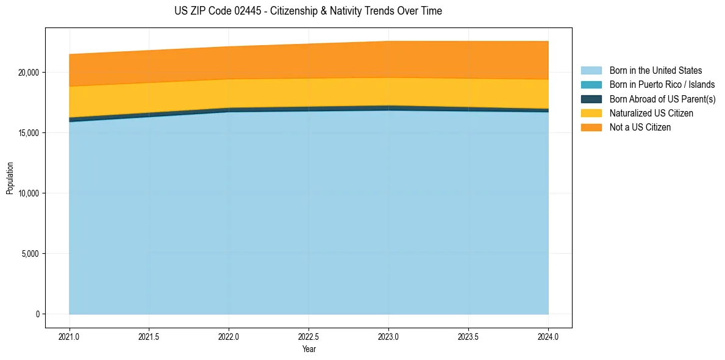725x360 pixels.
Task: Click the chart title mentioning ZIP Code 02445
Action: (x=308, y=11)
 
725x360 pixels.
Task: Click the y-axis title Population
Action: (x=10, y=178)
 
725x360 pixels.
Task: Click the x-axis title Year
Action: (x=309, y=349)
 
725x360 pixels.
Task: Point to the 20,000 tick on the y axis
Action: (x=27, y=73)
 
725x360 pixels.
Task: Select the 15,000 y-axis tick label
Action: (x=27, y=133)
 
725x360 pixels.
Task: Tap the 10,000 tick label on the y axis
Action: (x=27, y=193)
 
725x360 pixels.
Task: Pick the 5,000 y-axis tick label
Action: (x=29, y=254)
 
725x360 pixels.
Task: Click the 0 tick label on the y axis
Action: (x=37, y=314)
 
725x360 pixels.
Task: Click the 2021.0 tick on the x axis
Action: (x=70, y=336)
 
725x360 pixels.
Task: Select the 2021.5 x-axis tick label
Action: (x=149, y=336)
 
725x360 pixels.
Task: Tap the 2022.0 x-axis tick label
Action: (x=229, y=336)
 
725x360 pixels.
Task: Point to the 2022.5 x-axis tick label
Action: (x=309, y=336)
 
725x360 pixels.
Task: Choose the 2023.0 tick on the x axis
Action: (x=388, y=336)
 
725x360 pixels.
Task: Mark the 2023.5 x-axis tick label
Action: (x=468, y=336)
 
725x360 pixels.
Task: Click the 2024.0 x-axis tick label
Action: (x=548, y=336)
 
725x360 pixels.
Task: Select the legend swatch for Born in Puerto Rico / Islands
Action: (x=591, y=85)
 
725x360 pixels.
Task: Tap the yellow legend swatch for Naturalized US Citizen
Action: (x=591, y=113)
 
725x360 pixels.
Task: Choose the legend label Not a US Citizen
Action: (x=640, y=128)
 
